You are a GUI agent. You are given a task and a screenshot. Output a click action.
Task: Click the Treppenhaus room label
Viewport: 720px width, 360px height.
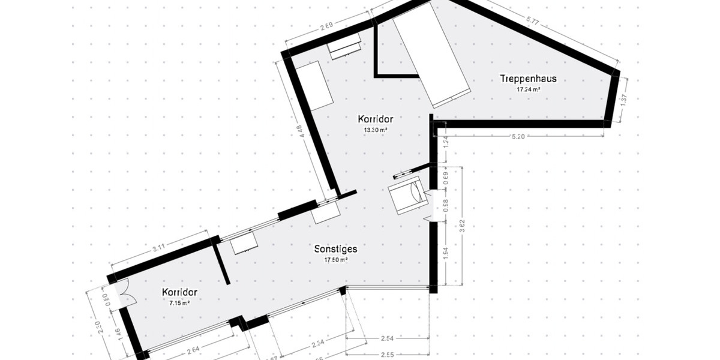529,79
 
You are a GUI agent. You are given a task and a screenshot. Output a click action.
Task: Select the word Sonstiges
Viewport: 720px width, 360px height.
336,249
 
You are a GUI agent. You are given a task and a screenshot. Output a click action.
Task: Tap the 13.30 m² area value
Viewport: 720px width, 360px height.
375,129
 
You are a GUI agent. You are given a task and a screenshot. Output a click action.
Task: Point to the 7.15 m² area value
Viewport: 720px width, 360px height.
179,304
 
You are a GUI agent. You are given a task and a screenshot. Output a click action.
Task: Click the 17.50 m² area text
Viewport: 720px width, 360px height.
336,260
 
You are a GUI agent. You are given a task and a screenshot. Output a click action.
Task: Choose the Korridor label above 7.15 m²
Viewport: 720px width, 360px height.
179,292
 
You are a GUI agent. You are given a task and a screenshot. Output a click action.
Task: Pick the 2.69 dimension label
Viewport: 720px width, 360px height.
325,26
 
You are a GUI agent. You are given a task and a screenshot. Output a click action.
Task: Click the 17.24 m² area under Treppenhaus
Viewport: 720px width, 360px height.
529,89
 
